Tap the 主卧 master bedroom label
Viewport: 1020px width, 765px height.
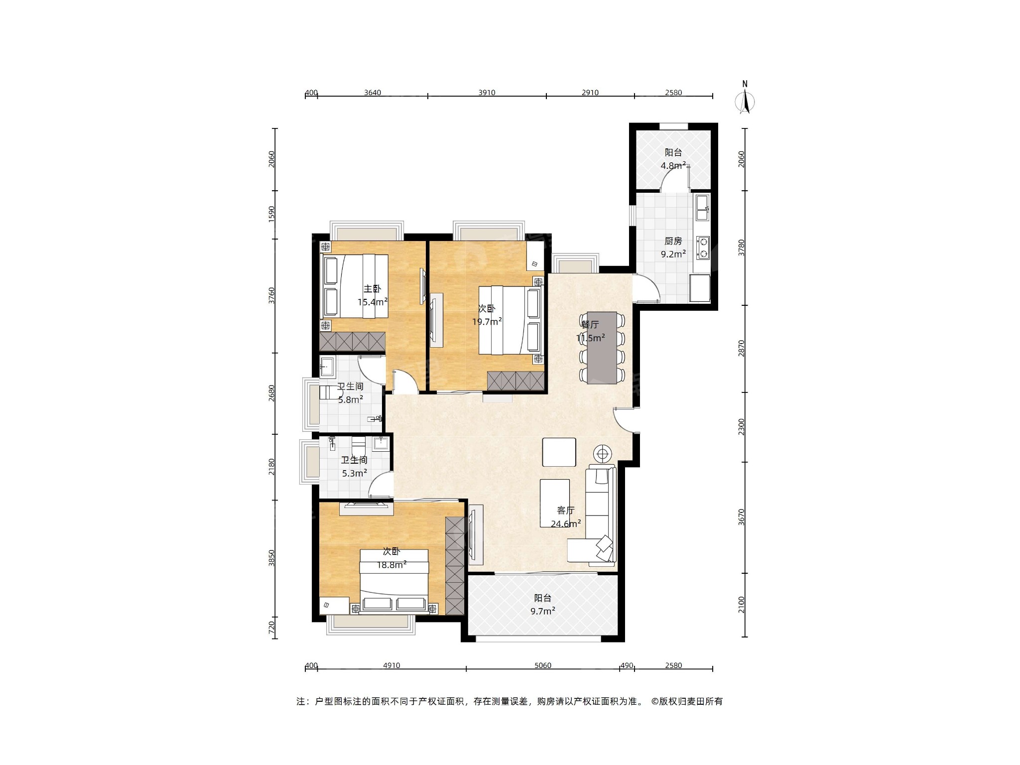tap(372, 289)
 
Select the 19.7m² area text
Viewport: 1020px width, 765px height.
tap(487, 321)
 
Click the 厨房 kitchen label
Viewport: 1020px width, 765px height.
tap(673, 241)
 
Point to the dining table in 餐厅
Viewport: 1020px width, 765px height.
tap(602, 348)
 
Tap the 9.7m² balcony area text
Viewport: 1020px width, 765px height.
tap(543, 611)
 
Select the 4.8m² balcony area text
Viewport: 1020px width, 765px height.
tap(673, 165)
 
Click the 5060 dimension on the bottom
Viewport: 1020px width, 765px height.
tap(542, 665)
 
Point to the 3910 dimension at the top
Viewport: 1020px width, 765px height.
tap(487, 93)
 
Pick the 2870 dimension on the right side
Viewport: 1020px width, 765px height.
tap(742, 348)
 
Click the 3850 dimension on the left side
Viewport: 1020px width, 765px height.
tap(271, 558)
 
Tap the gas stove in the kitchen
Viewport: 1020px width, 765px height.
tap(703, 248)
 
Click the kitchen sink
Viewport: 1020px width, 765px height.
tap(702, 208)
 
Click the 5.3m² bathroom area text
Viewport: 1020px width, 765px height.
tap(355, 473)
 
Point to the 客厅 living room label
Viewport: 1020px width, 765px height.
tap(566, 510)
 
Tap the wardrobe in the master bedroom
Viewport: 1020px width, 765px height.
tap(352, 342)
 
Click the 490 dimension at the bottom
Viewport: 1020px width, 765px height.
tap(627, 665)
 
